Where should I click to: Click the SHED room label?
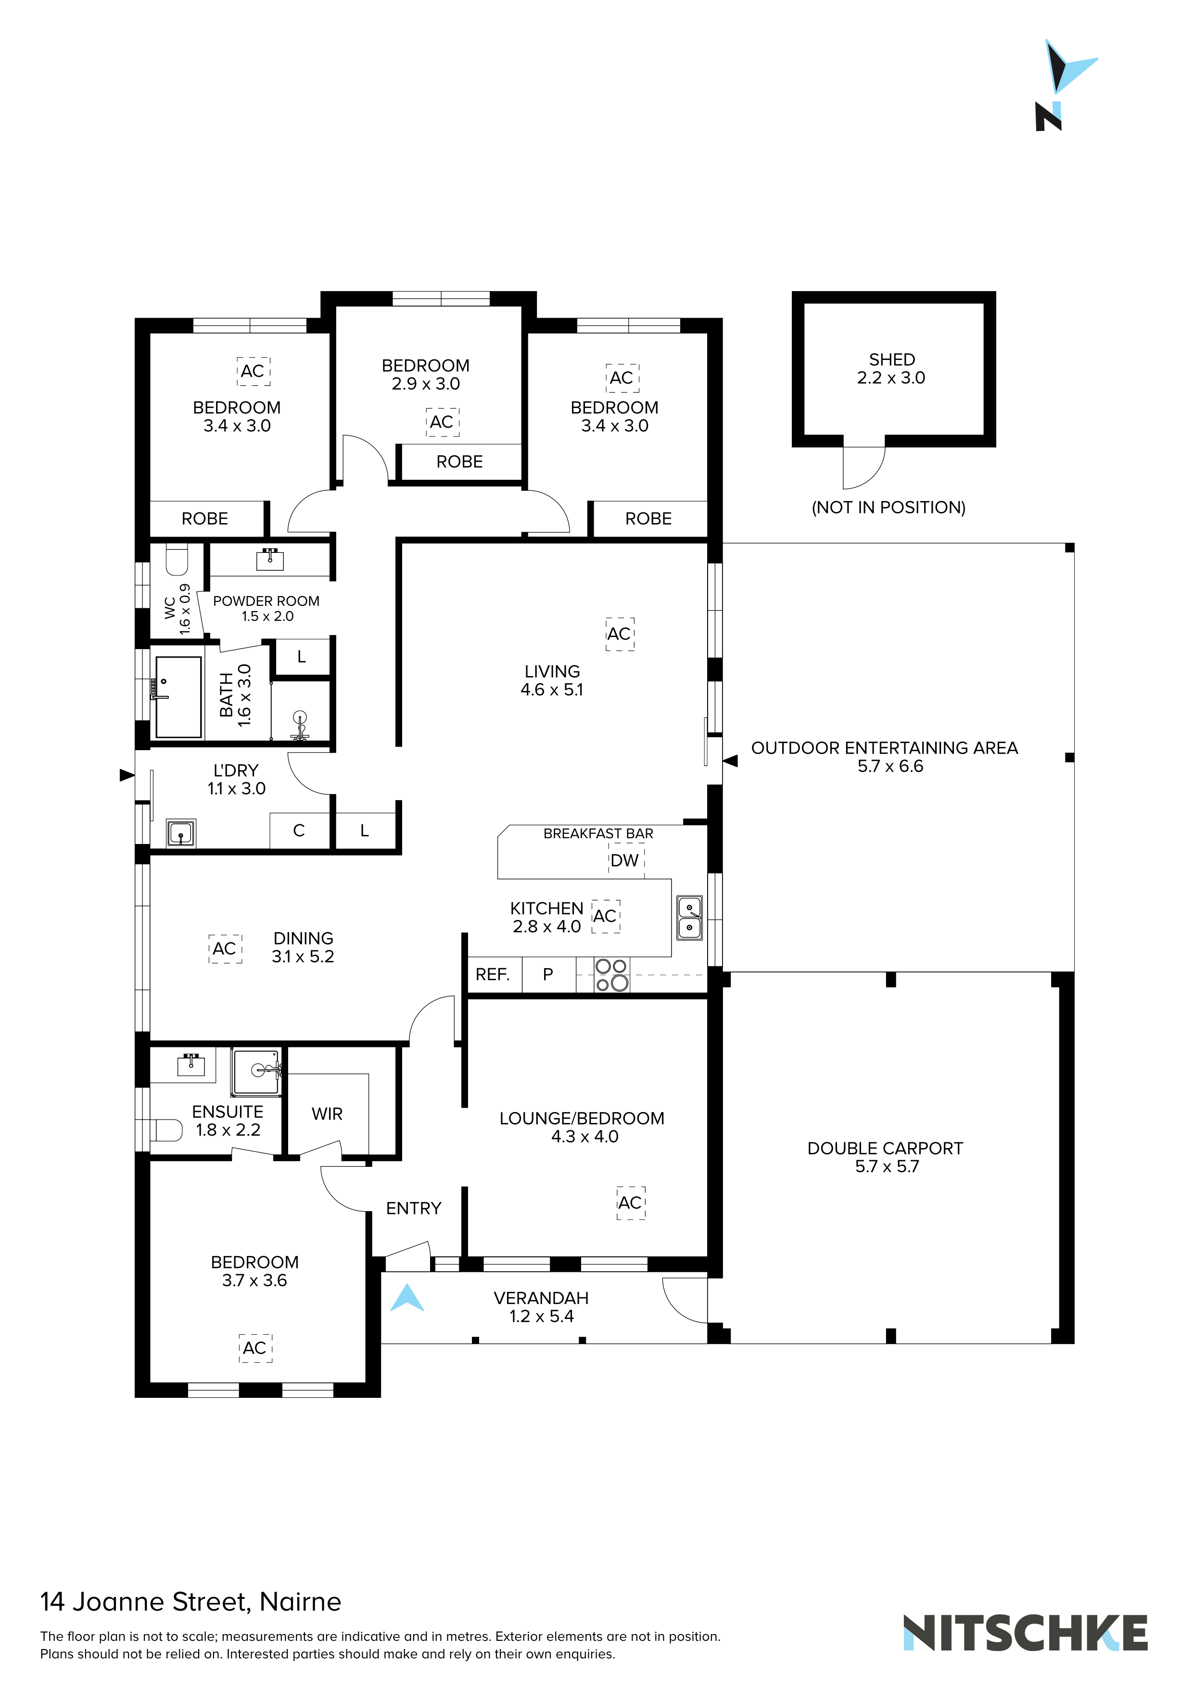(x=892, y=359)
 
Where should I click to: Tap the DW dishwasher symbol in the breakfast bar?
(x=625, y=860)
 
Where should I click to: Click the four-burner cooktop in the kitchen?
(x=611, y=975)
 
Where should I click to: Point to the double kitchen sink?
(x=689, y=918)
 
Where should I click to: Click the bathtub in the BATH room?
(x=178, y=697)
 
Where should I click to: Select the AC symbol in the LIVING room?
(x=620, y=634)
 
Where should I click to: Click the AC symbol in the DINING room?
(x=225, y=948)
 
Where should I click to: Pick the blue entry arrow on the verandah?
(x=407, y=1298)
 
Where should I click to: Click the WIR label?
(x=327, y=1114)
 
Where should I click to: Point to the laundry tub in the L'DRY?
(x=180, y=833)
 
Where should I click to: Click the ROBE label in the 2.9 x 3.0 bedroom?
(x=459, y=462)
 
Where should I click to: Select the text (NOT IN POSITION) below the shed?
(x=888, y=507)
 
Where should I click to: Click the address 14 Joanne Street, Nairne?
(x=190, y=1602)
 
